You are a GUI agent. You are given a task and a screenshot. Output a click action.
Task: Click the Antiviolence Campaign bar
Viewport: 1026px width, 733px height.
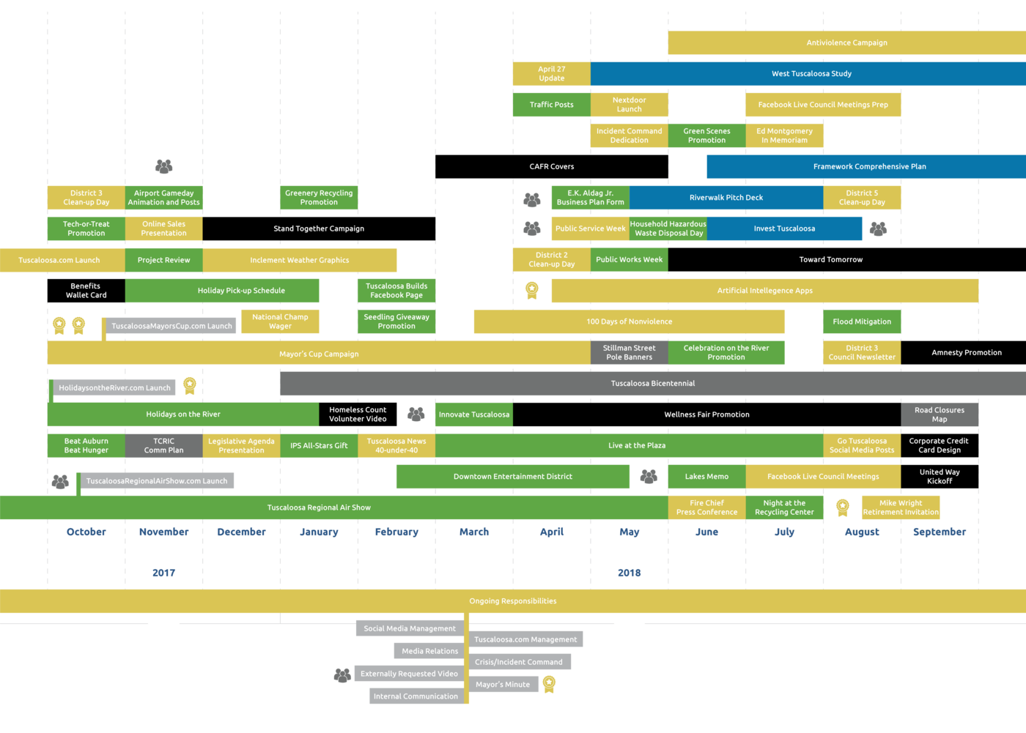coord(846,42)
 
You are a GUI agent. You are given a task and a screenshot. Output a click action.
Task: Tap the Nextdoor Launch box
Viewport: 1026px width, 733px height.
coord(629,105)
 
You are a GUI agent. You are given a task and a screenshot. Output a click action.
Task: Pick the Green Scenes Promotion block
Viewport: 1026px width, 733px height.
coord(706,135)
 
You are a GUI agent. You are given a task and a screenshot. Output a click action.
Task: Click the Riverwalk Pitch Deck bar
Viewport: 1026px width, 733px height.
coord(726,198)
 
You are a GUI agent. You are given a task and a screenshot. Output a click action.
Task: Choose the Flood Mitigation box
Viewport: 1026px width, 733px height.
coord(862,321)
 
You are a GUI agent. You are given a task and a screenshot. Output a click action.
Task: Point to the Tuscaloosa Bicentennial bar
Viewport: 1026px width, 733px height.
coord(652,384)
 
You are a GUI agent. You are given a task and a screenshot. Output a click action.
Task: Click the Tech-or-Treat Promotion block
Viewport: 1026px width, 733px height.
coord(86,228)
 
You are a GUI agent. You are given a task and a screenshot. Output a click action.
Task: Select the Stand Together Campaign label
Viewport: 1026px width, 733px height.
coord(319,228)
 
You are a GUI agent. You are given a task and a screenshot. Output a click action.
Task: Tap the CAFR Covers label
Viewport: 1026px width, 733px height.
coord(552,167)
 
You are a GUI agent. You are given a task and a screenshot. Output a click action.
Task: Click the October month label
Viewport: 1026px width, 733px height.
coord(86,532)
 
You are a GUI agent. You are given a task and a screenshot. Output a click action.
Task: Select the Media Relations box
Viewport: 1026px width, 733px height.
coord(429,651)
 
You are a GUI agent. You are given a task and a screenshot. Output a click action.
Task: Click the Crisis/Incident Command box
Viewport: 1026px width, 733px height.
coord(519,662)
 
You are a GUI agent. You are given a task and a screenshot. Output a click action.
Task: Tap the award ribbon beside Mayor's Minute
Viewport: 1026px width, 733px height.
coord(549,684)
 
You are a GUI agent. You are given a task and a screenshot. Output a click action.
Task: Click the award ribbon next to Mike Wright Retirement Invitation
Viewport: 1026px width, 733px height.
coord(843,507)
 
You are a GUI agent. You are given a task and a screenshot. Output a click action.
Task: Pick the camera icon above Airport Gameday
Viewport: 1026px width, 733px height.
coord(164,166)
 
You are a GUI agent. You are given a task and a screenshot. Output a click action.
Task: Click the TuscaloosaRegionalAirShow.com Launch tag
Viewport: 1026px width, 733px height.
coord(157,481)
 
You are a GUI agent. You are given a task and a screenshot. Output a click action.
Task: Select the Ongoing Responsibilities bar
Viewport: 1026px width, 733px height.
coord(513,601)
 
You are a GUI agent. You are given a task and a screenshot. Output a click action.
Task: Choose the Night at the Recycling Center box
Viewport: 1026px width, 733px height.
coord(784,507)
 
